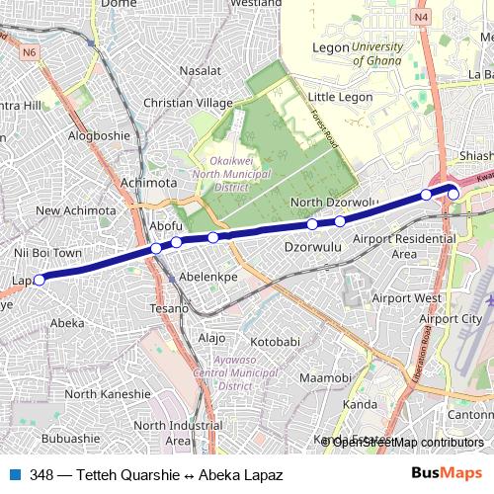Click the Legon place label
[x=324, y=46]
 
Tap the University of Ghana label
[x=376, y=53]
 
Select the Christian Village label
[x=188, y=103]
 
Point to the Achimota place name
[x=147, y=183]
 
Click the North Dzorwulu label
[x=334, y=203]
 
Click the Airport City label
[x=451, y=318]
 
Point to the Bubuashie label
[x=71, y=438]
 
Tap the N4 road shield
[x=423, y=17]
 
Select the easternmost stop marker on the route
[x=453, y=194]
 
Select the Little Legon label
[x=337, y=97]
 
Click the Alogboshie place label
[x=99, y=136]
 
